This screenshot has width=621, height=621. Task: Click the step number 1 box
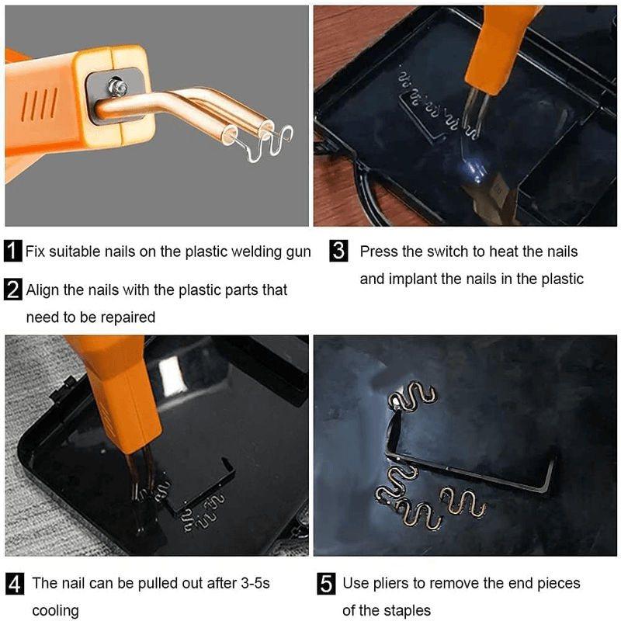(x=14, y=252)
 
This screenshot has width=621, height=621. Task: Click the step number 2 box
(x=14, y=290)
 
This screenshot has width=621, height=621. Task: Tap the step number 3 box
(x=338, y=252)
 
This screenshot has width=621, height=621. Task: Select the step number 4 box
(x=14, y=583)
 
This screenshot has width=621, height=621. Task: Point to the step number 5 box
(x=328, y=583)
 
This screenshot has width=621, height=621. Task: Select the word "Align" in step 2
(x=43, y=290)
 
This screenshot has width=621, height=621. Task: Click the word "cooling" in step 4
(x=55, y=610)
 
